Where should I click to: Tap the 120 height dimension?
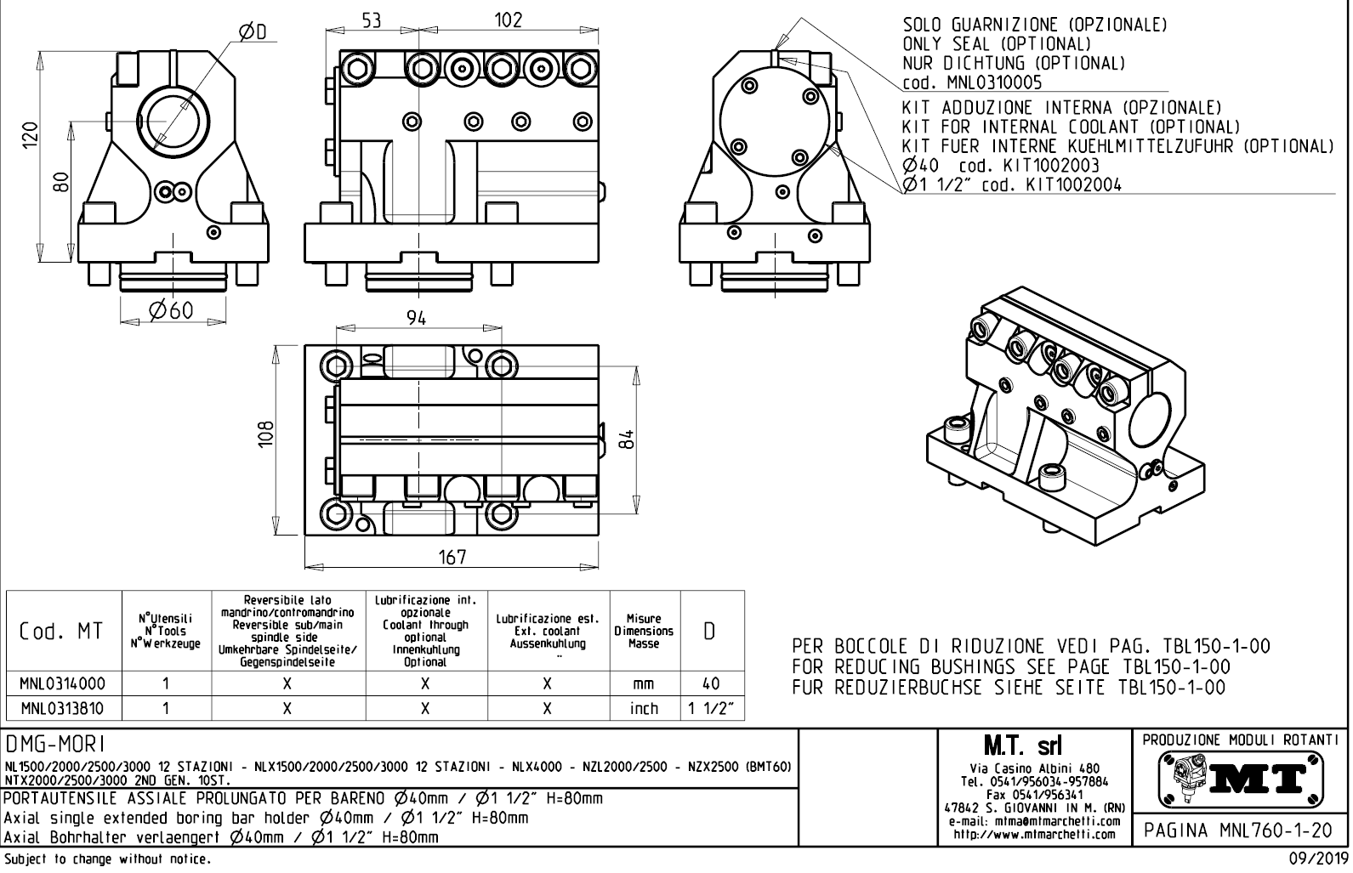pyautogui.click(x=31, y=134)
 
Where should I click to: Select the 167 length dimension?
pyautogui.click(x=452, y=557)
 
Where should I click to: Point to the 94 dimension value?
pyautogui.click(x=416, y=318)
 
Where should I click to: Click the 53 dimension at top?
pyautogui.click(x=372, y=20)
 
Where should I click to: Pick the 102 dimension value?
pyautogui.click(x=508, y=20)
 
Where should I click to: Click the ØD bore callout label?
pyautogui.click(x=252, y=32)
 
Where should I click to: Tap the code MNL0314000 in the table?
pyautogui.click(x=64, y=683)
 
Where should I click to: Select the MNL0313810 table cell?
pyautogui.click(x=64, y=708)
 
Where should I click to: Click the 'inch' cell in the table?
pyautogui.click(x=644, y=708)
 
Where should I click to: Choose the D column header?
pyautogui.click(x=711, y=632)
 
